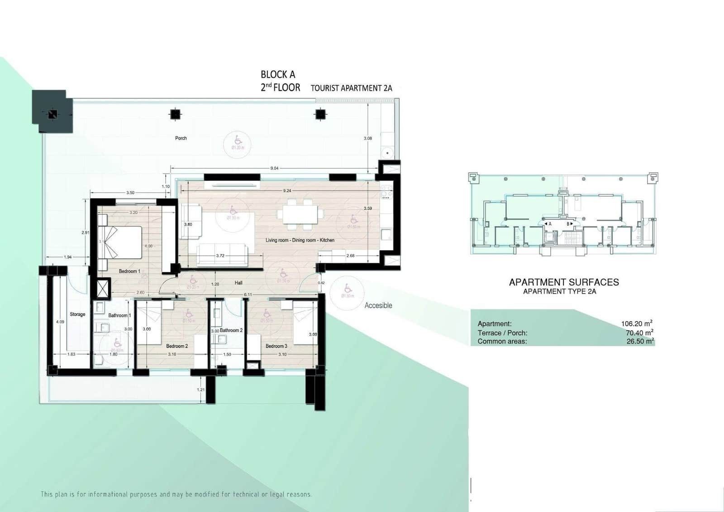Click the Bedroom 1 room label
coord(129,271)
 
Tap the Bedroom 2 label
coord(177,346)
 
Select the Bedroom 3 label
coord(276,346)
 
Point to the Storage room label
coord(77,314)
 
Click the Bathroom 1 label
coord(119,315)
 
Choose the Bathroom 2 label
coord(231,330)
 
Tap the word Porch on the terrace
coord(181,138)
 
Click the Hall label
coord(238,283)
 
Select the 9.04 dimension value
coord(274,168)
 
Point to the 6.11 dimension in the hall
coord(248,295)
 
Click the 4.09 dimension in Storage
coord(60,322)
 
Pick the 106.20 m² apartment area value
coord(636,324)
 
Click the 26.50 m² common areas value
coord(639,341)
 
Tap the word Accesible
coord(378,305)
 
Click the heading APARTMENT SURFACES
coord(564,282)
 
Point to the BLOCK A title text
coord(278,74)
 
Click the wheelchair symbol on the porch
coord(238,140)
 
